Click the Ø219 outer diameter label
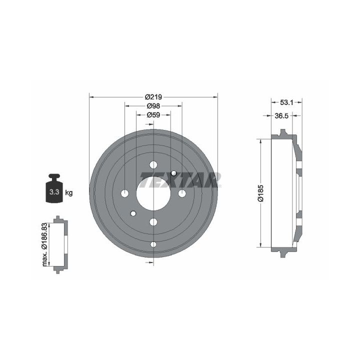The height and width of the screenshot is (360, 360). click(x=153, y=97)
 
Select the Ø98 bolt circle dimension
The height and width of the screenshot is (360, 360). click(x=153, y=106)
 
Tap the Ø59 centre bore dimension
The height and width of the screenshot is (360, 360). click(x=153, y=114)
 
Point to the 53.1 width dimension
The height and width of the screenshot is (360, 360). click(x=286, y=102)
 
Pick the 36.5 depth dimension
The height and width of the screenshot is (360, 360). click(x=281, y=116)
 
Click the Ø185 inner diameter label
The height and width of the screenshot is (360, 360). click(x=261, y=193)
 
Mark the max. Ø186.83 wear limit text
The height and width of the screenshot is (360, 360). click(x=45, y=244)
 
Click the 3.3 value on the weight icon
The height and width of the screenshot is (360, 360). click(x=54, y=192)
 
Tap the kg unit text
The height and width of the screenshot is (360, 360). click(x=68, y=192)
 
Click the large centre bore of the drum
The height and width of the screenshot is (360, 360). click(x=153, y=193)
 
